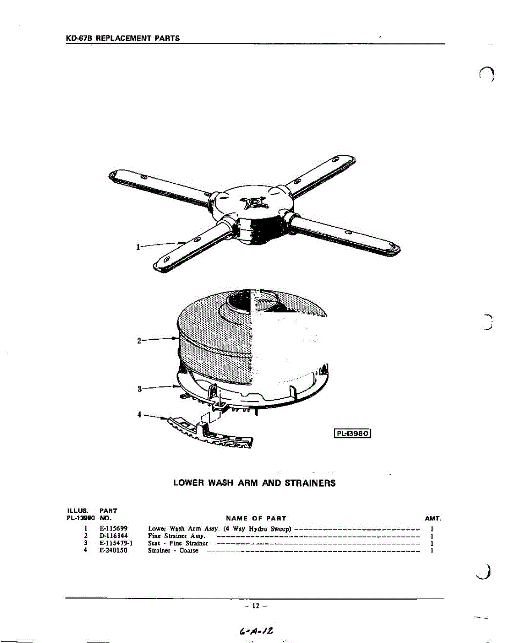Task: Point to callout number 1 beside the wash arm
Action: (x=138, y=247)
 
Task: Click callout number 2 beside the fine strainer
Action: (x=139, y=341)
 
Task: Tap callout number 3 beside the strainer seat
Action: (x=139, y=389)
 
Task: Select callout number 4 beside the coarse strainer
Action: (x=139, y=414)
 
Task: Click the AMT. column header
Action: (x=432, y=519)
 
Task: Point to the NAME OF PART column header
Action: (x=256, y=519)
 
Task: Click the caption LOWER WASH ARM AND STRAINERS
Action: (x=254, y=483)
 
